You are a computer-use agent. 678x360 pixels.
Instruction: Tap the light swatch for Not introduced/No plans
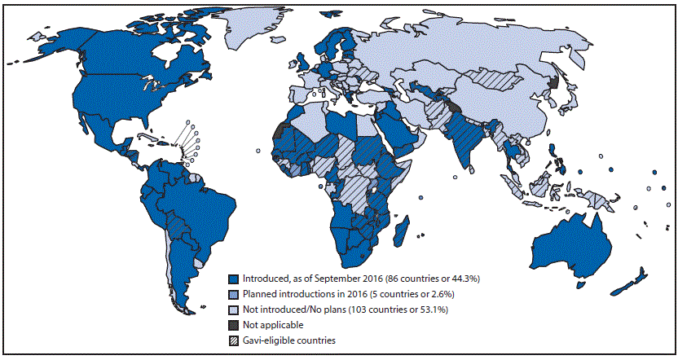234,309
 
